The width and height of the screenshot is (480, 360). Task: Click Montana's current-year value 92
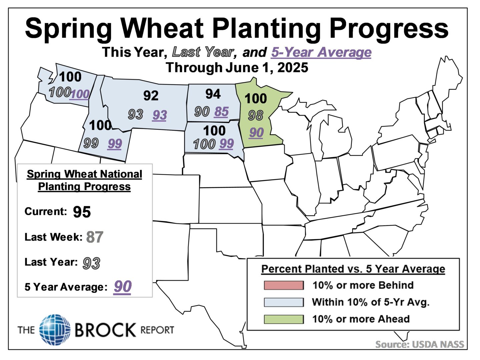click(x=151, y=96)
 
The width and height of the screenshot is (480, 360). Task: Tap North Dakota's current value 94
click(x=213, y=94)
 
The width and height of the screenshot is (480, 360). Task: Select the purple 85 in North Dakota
click(x=221, y=112)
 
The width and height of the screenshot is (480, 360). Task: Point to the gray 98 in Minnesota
click(x=256, y=116)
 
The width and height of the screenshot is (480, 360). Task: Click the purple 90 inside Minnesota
click(x=256, y=133)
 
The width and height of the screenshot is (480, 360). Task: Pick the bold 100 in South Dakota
click(x=214, y=130)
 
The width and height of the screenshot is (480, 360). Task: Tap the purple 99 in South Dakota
click(x=226, y=144)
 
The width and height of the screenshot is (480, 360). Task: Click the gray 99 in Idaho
click(x=91, y=143)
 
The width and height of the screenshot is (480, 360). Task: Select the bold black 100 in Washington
click(x=70, y=77)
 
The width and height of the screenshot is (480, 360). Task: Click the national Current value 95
click(x=82, y=212)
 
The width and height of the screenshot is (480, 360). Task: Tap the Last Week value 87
click(x=95, y=237)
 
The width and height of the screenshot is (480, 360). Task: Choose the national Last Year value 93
click(x=91, y=263)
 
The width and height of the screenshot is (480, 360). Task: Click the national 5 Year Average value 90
click(x=123, y=287)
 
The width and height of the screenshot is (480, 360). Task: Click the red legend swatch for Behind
click(x=284, y=285)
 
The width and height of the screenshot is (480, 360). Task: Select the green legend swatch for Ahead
click(x=284, y=319)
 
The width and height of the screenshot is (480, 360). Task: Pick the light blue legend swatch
click(x=284, y=302)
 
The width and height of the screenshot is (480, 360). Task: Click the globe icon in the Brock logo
click(x=55, y=330)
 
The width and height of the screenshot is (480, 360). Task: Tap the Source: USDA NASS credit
click(x=419, y=344)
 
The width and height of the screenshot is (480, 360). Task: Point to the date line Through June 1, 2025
click(x=237, y=68)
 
